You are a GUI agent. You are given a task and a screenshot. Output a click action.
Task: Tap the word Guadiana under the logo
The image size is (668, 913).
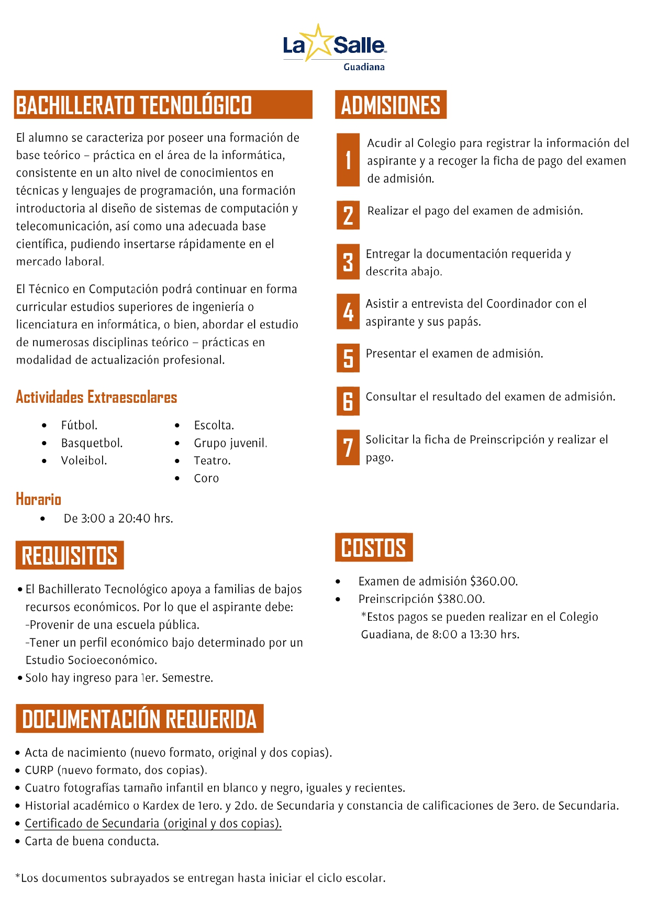[364, 67]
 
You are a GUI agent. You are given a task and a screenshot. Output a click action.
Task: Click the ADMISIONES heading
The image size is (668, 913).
[391, 105]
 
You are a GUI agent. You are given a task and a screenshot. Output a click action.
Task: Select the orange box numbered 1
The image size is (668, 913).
[348, 160]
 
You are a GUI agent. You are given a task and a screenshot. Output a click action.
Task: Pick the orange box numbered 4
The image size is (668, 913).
[348, 312]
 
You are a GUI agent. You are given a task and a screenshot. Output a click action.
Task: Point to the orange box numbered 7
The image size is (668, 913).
[348, 447]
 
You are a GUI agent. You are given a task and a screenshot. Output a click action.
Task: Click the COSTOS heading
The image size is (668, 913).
[373, 548]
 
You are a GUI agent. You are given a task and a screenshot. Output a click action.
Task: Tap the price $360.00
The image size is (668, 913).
[494, 581]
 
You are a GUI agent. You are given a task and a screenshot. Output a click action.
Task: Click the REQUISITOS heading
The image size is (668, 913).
[70, 555]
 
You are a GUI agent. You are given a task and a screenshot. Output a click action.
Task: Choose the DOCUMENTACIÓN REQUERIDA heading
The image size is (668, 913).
[139, 719]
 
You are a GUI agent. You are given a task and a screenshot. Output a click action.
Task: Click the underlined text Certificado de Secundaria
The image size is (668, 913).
[153, 823]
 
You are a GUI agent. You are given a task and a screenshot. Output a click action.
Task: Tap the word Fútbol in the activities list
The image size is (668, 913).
[79, 425]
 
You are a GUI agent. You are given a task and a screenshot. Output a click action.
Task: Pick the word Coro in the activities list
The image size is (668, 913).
[206, 478]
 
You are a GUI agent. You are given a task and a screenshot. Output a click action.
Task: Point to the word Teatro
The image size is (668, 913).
[212, 460]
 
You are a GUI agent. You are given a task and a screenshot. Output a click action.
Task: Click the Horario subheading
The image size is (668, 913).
[38, 499]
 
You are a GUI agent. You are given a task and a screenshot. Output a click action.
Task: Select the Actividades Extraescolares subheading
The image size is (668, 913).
[96, 397]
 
